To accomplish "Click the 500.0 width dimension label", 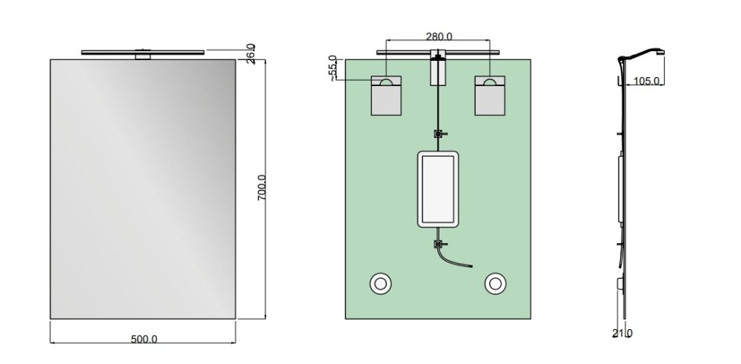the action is (x=144, y=339).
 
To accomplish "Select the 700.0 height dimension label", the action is (x=262, y=188).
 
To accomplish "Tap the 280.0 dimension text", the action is (x=439, y=36).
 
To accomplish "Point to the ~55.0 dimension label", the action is (x=333, y=69).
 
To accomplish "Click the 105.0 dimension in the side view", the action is (x=645, y=81).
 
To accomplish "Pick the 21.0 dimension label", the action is (x=622, y=334).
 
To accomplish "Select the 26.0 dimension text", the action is (x=251, y=53).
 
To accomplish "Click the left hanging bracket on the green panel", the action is (x=386, y=95).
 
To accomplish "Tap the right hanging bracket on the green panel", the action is (x=490, y=95).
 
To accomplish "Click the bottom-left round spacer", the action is (x=380, y=284).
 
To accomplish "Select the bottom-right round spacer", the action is (x=495, y=284).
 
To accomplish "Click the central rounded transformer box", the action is (x=438, y=189).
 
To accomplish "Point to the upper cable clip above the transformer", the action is (x=439, y=133).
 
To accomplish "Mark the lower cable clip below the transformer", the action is (x=439, y=245).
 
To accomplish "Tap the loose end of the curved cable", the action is (x=471, y=267).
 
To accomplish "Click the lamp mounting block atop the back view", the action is (x=439, y=70).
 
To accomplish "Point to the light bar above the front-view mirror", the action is (x=143, y=52).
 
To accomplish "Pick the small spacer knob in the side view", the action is (x=620, y=284).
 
